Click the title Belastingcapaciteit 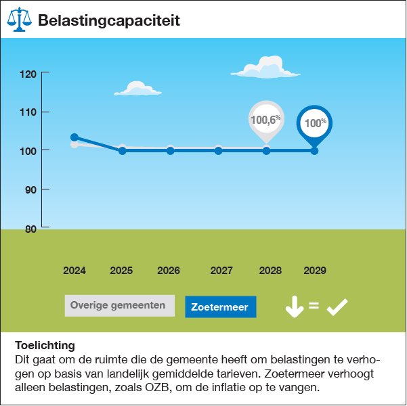pos(109,20)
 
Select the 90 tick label pos(30,189)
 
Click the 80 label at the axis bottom pos(30,228)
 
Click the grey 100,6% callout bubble pos(266,119)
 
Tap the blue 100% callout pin pos(315,123)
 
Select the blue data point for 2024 pos(74,137)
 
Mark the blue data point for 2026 pos(170,150)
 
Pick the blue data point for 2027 pos(218,150)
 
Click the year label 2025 pos(121,271)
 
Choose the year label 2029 pos(315,271)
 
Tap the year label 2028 pos(270,271)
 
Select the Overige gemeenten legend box pos(119,306)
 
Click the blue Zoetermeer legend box pos(220,307)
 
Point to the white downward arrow pos(294,307)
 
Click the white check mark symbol pos(337,307)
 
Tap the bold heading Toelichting pos(45,345)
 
